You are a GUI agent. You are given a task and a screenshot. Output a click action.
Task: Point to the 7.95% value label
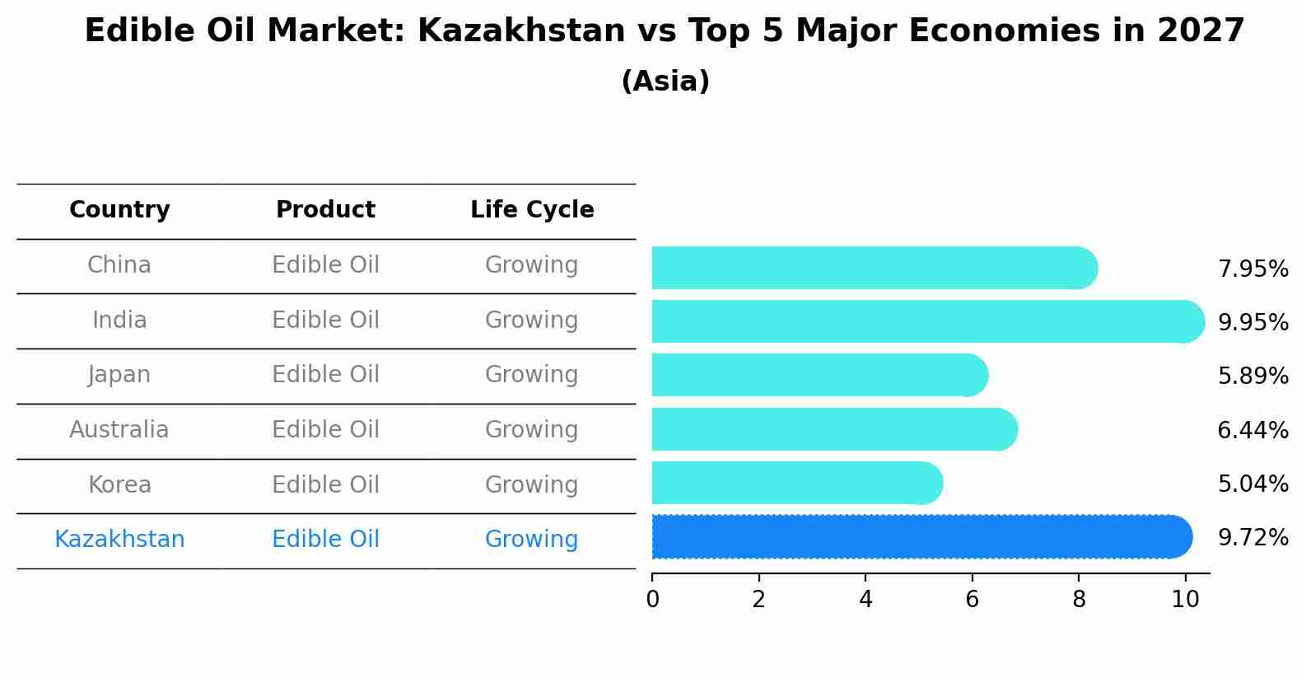tap(1252, 269)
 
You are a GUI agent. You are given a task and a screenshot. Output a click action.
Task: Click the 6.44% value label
tap(1252, 430)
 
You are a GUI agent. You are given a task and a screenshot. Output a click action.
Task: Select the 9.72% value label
tap(1252, 538)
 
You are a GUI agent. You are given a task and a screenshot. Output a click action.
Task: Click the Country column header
tap(119, 210)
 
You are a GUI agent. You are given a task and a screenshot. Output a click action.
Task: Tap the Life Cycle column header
tap(532, 210)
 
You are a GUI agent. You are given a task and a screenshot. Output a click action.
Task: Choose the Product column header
tap(325, 210)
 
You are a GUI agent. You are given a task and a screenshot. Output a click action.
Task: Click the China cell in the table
tap(119, 265)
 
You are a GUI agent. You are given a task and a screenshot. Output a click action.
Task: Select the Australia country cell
tap(119, 430)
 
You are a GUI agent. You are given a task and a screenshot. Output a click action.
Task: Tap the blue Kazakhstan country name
tap(119, 540)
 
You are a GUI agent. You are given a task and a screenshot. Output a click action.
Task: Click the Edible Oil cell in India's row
tap(325, 320)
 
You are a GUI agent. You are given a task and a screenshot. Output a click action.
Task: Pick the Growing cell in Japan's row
tap(531, 375)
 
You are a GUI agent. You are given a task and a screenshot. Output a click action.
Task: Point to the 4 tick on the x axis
tap(865, 600)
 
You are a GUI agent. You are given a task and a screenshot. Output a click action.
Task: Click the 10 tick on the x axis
tap(1185, 600)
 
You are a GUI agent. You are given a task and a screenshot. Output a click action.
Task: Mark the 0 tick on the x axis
tap(652, 600)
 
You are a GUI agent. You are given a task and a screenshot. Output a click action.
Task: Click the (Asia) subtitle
tap(665, 82)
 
